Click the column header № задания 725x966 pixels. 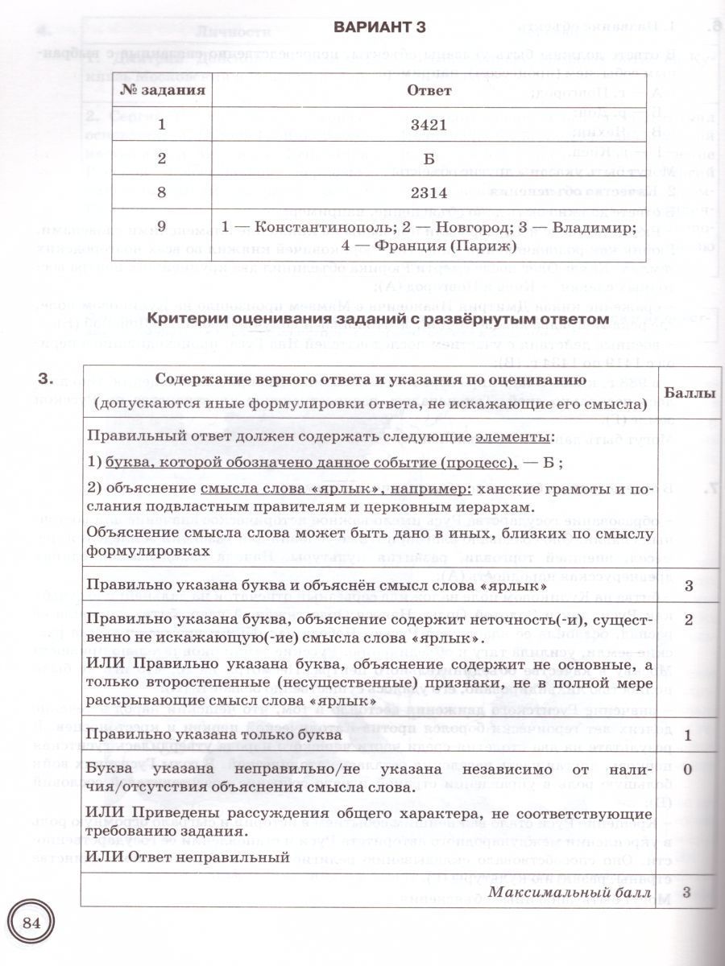coord(162,90)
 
